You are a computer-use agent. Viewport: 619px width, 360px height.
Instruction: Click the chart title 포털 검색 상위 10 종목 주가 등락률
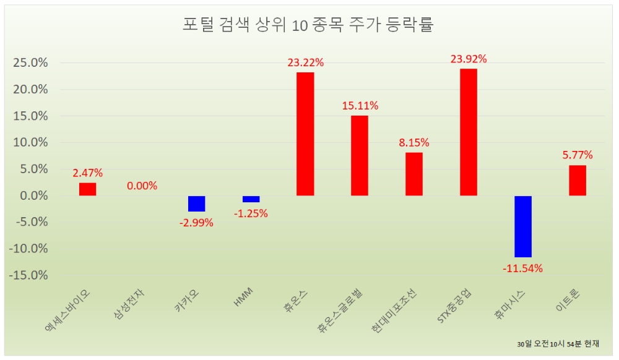[x=308, y=25]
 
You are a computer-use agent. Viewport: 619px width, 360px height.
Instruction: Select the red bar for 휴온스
[x=305, y=134]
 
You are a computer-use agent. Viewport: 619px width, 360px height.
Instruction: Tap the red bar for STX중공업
[x=469, y=132]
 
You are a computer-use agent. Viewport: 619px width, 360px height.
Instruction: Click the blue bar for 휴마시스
[x=523, y=226]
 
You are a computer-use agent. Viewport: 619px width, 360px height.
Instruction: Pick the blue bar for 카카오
[x=197, y=204]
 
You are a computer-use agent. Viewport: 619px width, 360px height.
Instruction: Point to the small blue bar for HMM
[x=251, y=199]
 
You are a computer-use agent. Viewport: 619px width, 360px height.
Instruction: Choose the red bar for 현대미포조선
[x=414, y=174]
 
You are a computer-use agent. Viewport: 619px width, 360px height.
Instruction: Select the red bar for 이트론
[x=578, y=180]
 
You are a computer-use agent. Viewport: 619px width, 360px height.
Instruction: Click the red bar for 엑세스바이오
[x=87, y=189]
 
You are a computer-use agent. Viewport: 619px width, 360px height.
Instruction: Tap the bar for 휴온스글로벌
[x=360, y=155]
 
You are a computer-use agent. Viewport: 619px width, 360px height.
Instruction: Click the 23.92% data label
[x=469, y=59]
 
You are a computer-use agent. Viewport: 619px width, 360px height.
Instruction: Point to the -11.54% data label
[x=523, y=268]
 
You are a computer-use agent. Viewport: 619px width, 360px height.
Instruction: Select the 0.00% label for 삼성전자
[x=142, y=186]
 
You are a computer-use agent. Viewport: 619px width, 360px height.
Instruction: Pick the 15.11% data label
[x=360, y=106]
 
